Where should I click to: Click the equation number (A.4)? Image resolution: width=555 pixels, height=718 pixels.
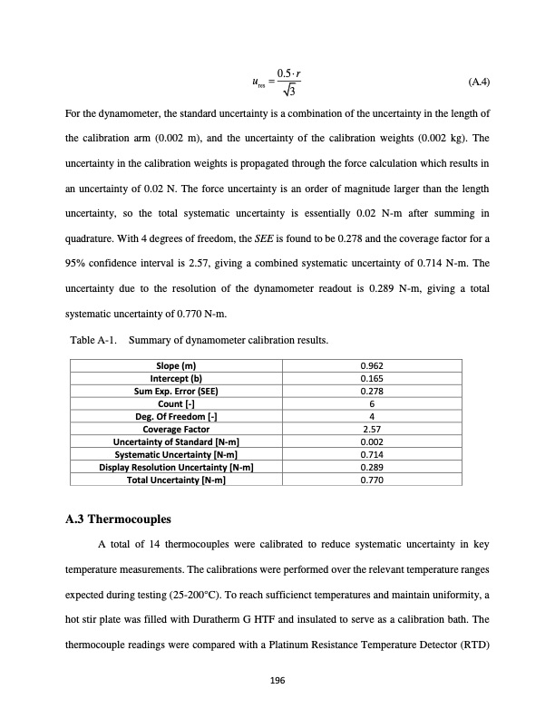(x=479, y=82)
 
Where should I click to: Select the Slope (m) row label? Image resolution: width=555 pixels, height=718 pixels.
(x=177, y=365)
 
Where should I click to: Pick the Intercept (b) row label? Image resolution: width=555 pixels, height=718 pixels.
(x=177, y=378)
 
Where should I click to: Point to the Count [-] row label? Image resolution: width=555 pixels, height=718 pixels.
(x=177, y=403)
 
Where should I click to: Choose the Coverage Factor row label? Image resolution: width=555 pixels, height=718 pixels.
(x=177, y=429)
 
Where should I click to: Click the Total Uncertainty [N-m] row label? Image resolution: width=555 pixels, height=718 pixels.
(x=177, y=480)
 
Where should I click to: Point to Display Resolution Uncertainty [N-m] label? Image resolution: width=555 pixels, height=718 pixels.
(x=177, y=467)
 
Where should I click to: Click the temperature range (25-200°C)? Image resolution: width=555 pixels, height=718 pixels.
(x=327, y=588)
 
